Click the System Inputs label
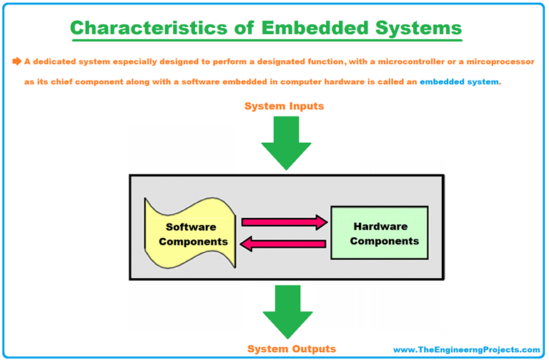point(284,106)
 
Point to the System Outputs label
point(291,349)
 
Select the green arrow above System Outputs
point(289,311)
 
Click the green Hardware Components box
point(380,233)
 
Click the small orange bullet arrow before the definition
point(16,62)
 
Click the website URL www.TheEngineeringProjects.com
point(467,349)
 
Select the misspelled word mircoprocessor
point(495,62)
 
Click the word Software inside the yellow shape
point(191,227)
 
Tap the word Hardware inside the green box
point(380,226)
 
